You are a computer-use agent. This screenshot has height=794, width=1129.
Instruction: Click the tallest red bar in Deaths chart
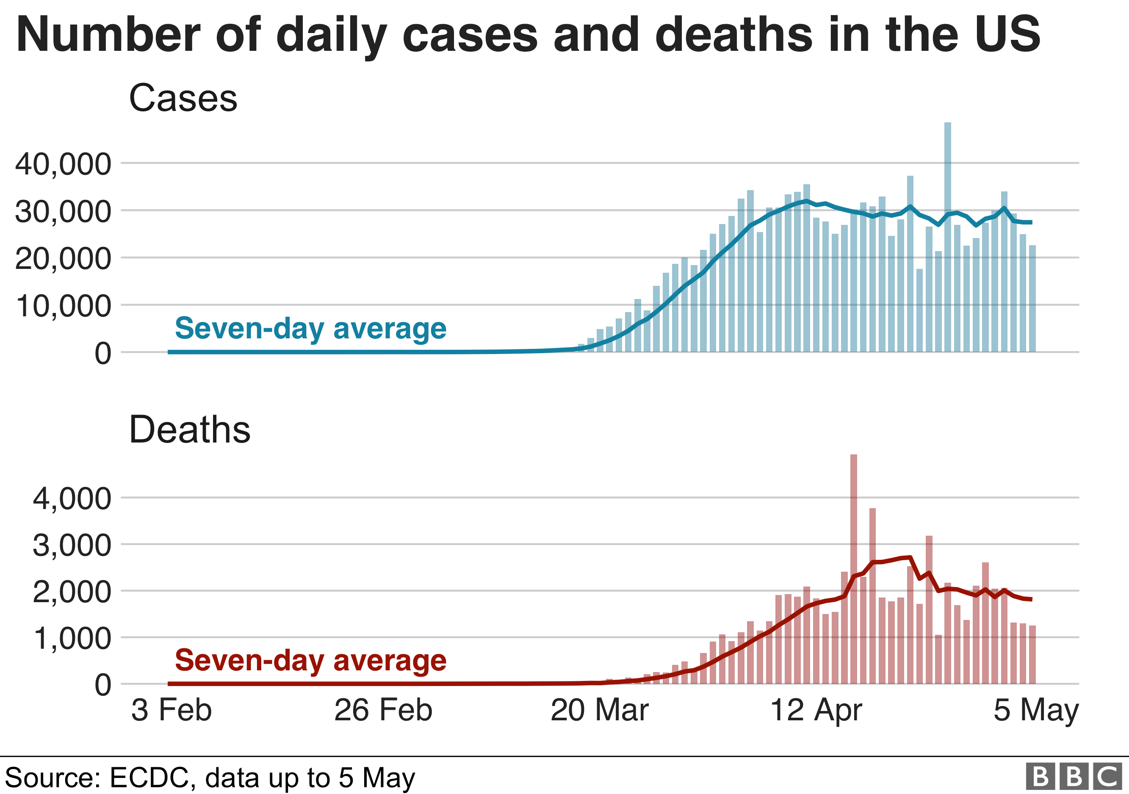pyautogui.click(x=854, y=570)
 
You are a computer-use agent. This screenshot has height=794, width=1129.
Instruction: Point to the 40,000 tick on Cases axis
pyautogui.click(x=64, y=164)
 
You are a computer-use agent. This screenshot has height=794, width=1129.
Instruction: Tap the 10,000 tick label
pyautogui.click(x=64, y=306)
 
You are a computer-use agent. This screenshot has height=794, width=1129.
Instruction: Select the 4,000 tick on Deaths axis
pyautogui.click(x=72, y=498)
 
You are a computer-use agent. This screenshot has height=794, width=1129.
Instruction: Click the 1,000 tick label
pyautogui.click(x=72, y=639)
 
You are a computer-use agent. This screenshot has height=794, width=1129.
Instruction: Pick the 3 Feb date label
pyautogui.click(x=171, y=711)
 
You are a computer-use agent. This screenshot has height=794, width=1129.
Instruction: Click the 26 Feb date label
pyautogui.click(x=383, y=711)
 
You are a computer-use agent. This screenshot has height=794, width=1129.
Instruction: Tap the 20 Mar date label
pyautogui.click(x=599, y=711)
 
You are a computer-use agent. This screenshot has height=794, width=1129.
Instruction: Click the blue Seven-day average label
pyautogui.click(x=310, y=329)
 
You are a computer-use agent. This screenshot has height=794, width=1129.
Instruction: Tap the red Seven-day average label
pyautogui.click(x=310, y=660)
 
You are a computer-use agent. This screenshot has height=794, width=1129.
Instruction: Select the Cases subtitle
pyautogui.click(x=183, y=98)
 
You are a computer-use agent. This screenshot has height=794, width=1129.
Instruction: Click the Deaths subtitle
pyautogui.click(x=189, y=430)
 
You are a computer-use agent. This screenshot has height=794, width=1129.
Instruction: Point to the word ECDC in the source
pyautogui.click(x=149, y=778)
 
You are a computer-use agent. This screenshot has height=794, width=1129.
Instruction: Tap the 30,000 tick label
pyautogui.click(x=64, y=212)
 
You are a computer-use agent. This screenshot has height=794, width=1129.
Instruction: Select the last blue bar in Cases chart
pyautogui.click(x=1032, y=299)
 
